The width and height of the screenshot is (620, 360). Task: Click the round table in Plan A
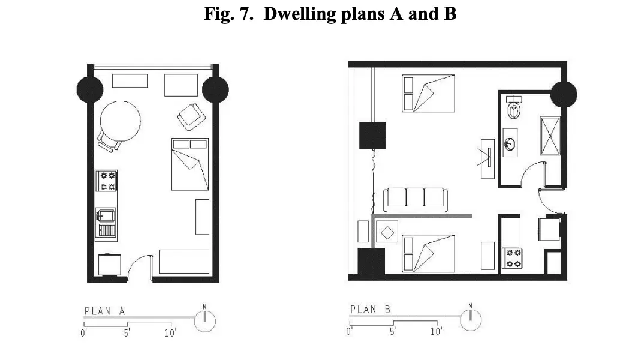click(120, 121)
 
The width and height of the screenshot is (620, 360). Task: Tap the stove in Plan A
click(106, 181)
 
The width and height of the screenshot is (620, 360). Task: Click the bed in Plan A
click(190, 164)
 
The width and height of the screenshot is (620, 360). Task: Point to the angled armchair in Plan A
click(192, 117)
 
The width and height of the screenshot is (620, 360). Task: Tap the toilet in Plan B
click(514, 107)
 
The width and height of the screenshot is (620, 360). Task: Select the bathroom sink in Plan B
click(510, 143)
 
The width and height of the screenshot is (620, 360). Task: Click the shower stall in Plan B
click(550, 136)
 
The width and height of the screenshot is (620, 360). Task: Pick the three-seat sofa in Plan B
click(415, 200)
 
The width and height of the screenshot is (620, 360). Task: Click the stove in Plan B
click(513, 258)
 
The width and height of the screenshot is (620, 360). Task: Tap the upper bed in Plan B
click(428, 94)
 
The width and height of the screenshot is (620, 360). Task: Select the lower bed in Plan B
click(428, 253)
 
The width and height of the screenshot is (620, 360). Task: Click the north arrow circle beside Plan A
click(205, 321)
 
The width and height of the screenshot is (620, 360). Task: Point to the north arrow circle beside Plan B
click(471, 320)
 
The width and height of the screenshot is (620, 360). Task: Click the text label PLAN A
click(105, 311)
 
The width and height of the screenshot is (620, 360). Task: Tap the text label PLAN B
click(371, 310)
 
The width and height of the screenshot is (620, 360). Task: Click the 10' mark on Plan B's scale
click(436, 331)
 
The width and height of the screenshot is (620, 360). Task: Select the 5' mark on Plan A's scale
click(127, 333)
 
